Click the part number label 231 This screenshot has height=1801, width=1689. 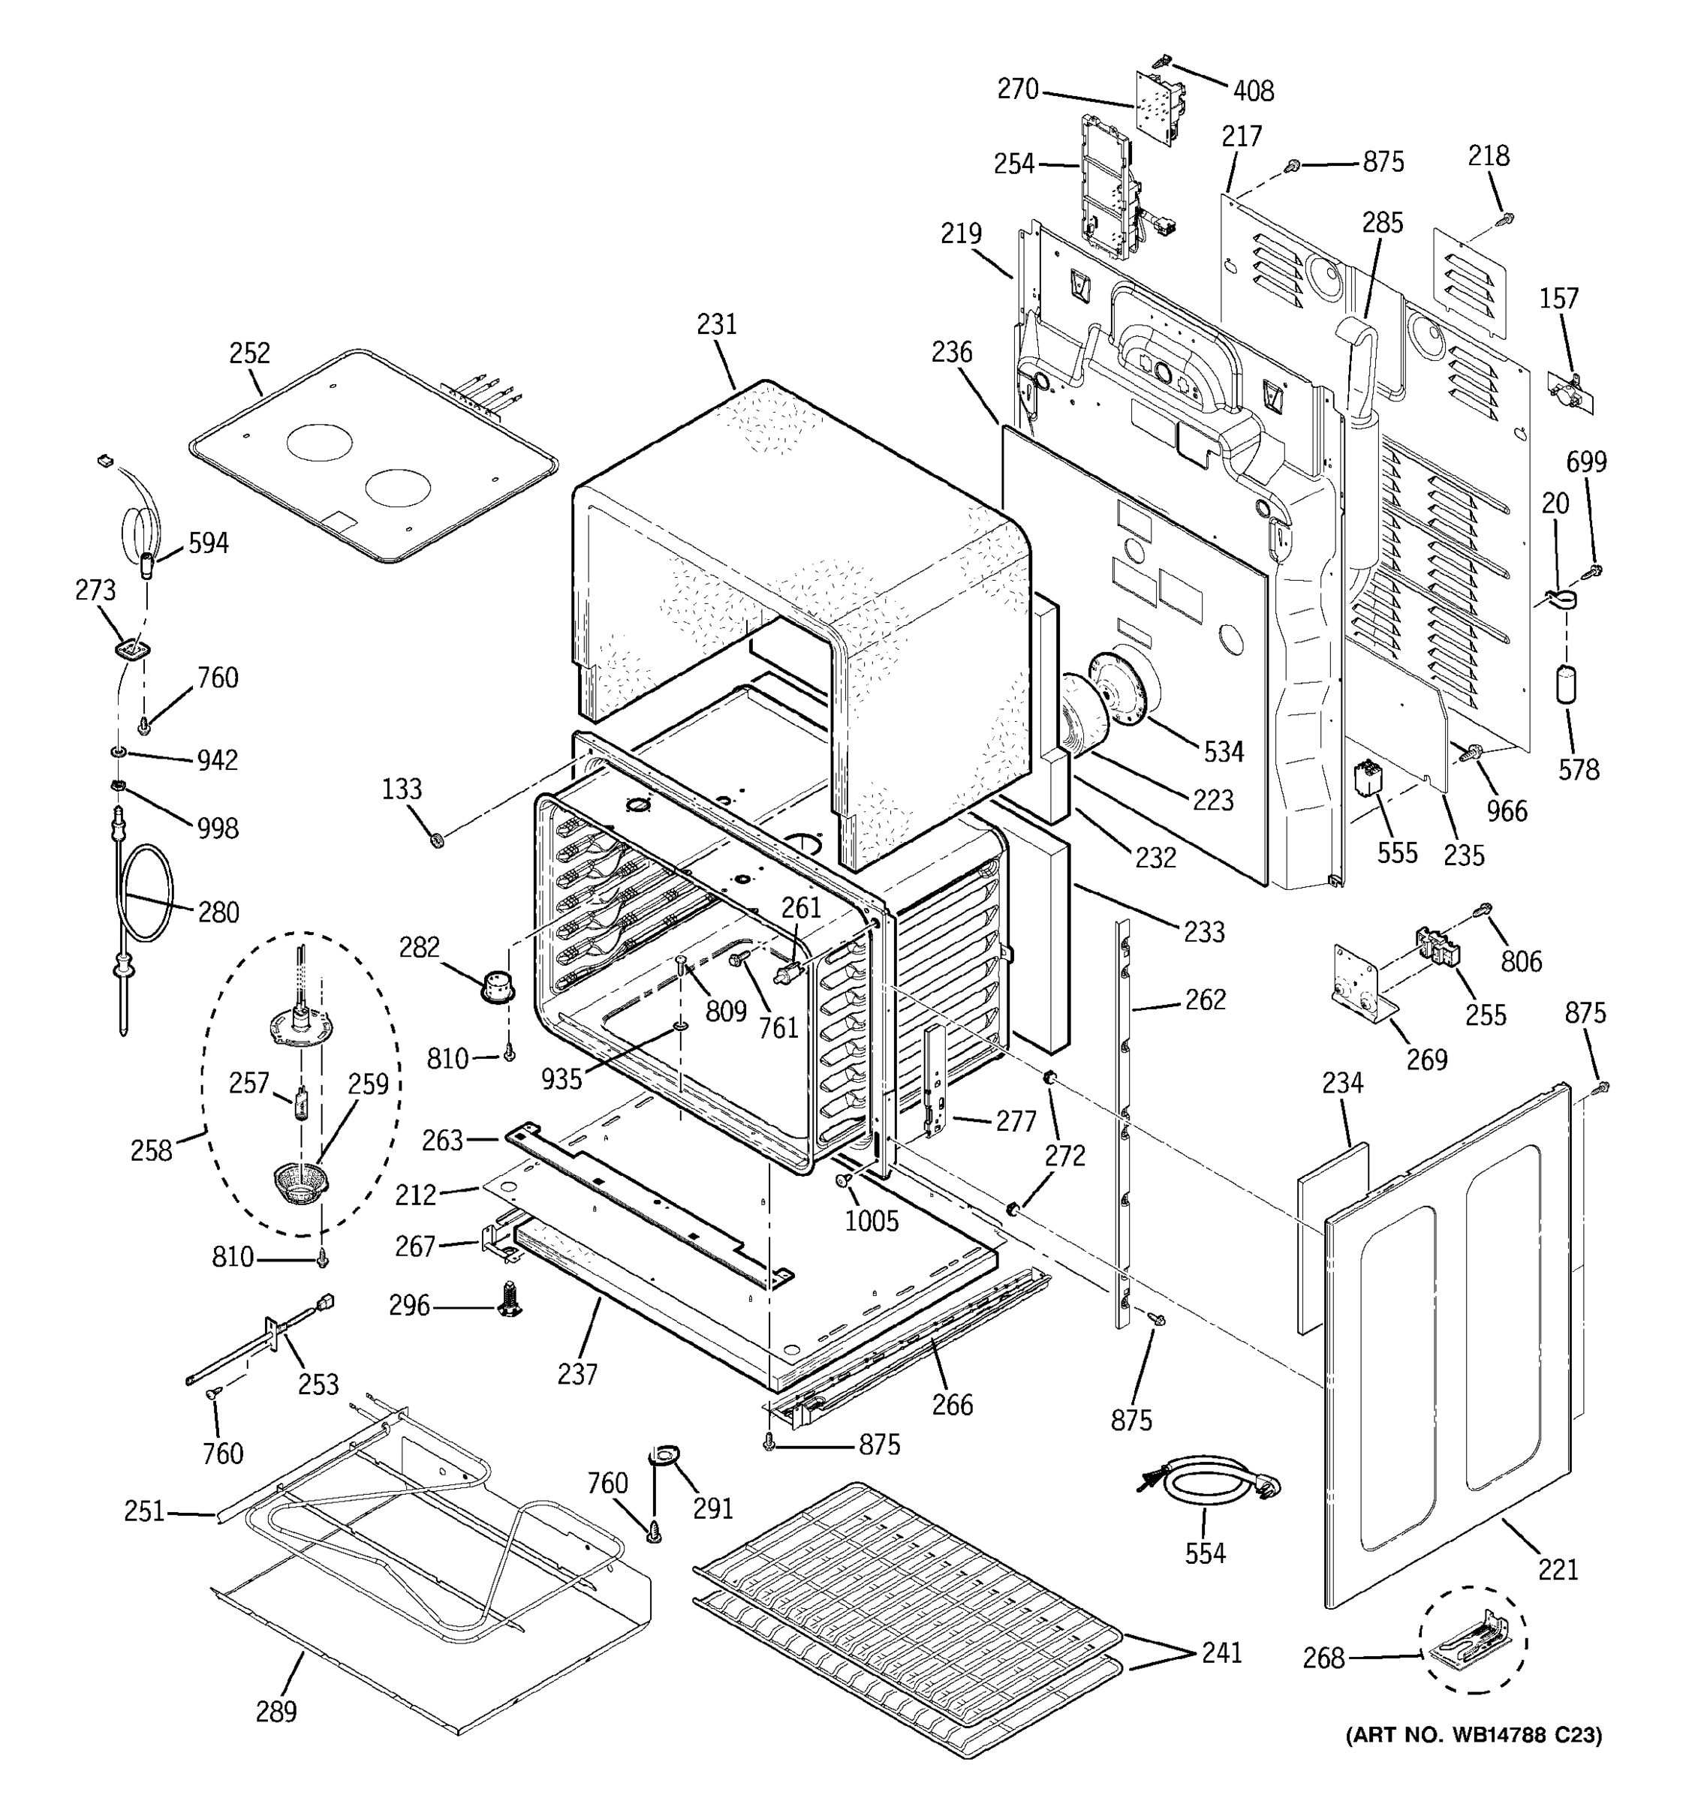717,324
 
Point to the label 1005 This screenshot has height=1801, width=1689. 872,1220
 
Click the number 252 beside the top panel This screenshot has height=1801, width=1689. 249,353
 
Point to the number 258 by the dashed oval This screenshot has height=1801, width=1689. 150,1150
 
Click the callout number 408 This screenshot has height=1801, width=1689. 1253,91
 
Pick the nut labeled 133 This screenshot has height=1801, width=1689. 437,840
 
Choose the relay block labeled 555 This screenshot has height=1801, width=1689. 1369,781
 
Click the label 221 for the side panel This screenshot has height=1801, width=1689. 1558,1568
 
